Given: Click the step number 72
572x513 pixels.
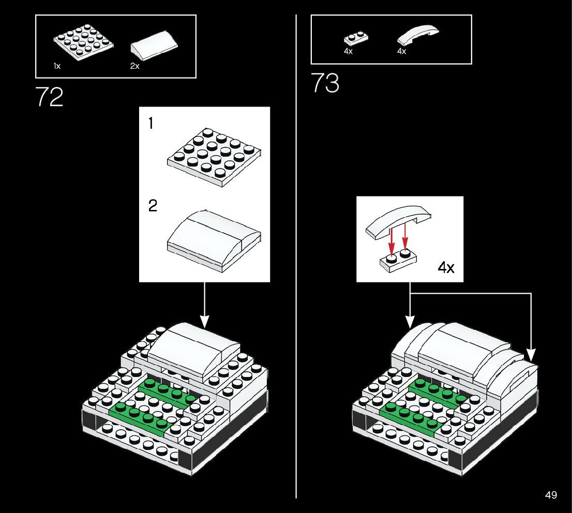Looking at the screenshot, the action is pyautogui.click(x=50, y=97).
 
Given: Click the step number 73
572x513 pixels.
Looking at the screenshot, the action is pyautogui.click(x=325, y=83).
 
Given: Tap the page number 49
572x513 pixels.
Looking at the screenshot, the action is pyautogui.click(x=551, y=495).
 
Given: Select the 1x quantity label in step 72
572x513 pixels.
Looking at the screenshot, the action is pyautogui.click(x=57, y=66).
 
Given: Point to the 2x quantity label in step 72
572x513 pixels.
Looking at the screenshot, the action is pyautogui.click(x=134, y=66).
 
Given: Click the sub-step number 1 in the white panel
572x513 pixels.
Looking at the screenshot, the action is pyautogui.click(x=150, y=123).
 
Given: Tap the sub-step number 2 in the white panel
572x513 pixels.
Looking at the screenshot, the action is pyautogui.click(x=152, y=206).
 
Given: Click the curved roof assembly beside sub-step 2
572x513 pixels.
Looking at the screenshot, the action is pyautogui.click(x=214, y=239).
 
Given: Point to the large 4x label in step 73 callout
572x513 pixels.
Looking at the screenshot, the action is pyautogui.click(x=446, y=267).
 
